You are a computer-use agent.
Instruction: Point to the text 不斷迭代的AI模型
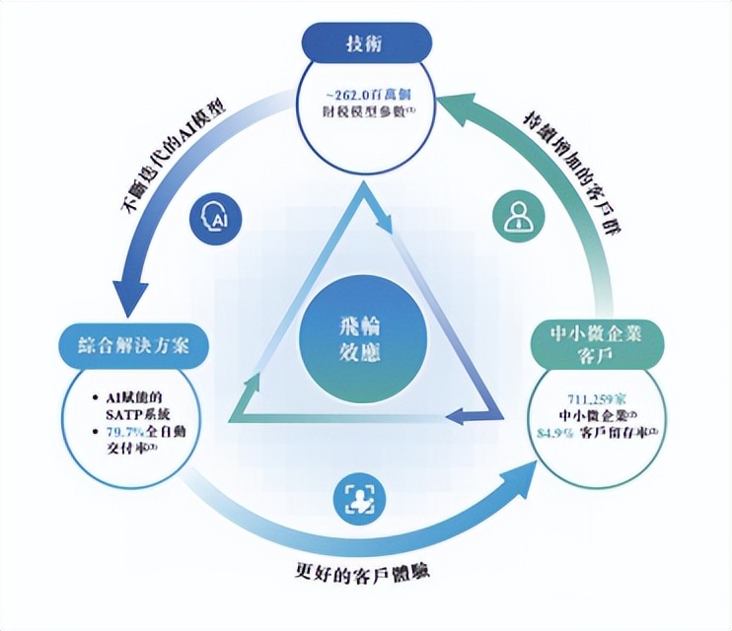(173, 155)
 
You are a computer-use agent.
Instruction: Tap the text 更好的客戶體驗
(366, 571)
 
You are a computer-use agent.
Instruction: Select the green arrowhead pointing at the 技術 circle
(449, 102)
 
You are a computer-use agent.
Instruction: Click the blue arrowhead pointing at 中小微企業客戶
(523, 478)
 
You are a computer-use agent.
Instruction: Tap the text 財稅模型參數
(365, 112)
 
